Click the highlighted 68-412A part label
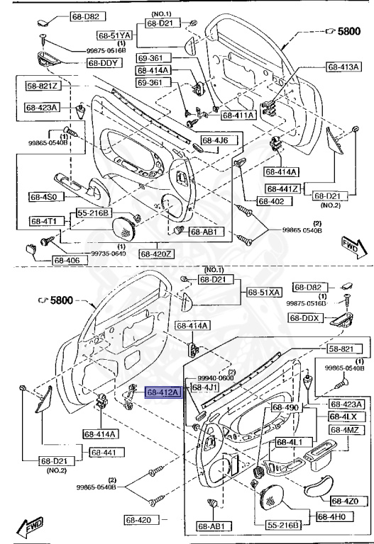[x=163, y=391]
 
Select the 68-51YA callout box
[x=115, y=35]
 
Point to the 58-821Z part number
[x=44, y=86]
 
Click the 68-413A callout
[x=344, y=67]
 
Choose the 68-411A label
[x=238, y=115]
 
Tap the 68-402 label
[x=271, y=201]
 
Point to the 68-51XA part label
[x=264, y=292]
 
